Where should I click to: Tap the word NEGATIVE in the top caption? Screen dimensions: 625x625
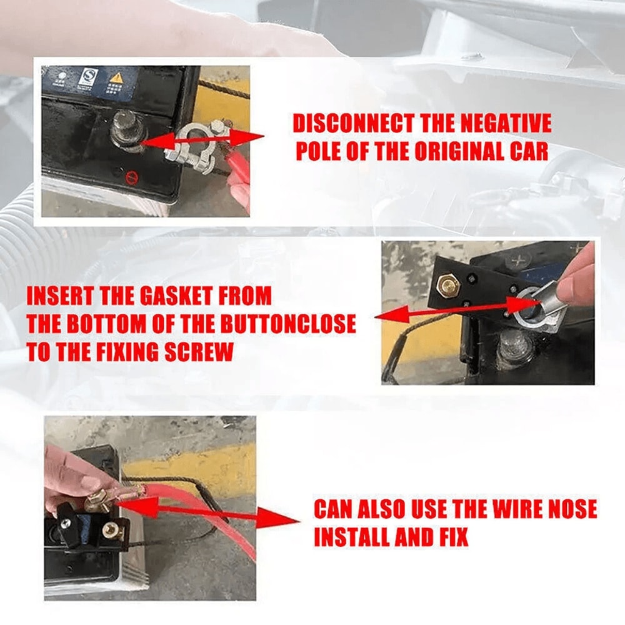(506, 124)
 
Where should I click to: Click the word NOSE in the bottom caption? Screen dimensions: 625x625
(568, 509)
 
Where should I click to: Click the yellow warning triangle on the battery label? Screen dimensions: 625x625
(116, 79)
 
